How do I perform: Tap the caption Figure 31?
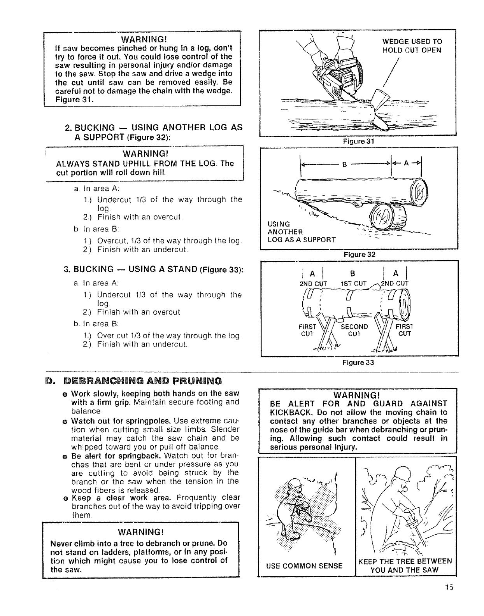point(358,142)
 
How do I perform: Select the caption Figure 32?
point(358,255)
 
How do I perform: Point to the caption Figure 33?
point(358,362)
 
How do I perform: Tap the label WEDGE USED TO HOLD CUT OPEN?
point(412,46)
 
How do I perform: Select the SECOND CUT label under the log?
point(354,330)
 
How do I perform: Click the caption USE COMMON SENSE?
point(304,565)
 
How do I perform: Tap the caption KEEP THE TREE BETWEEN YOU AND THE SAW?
point(405,565)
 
